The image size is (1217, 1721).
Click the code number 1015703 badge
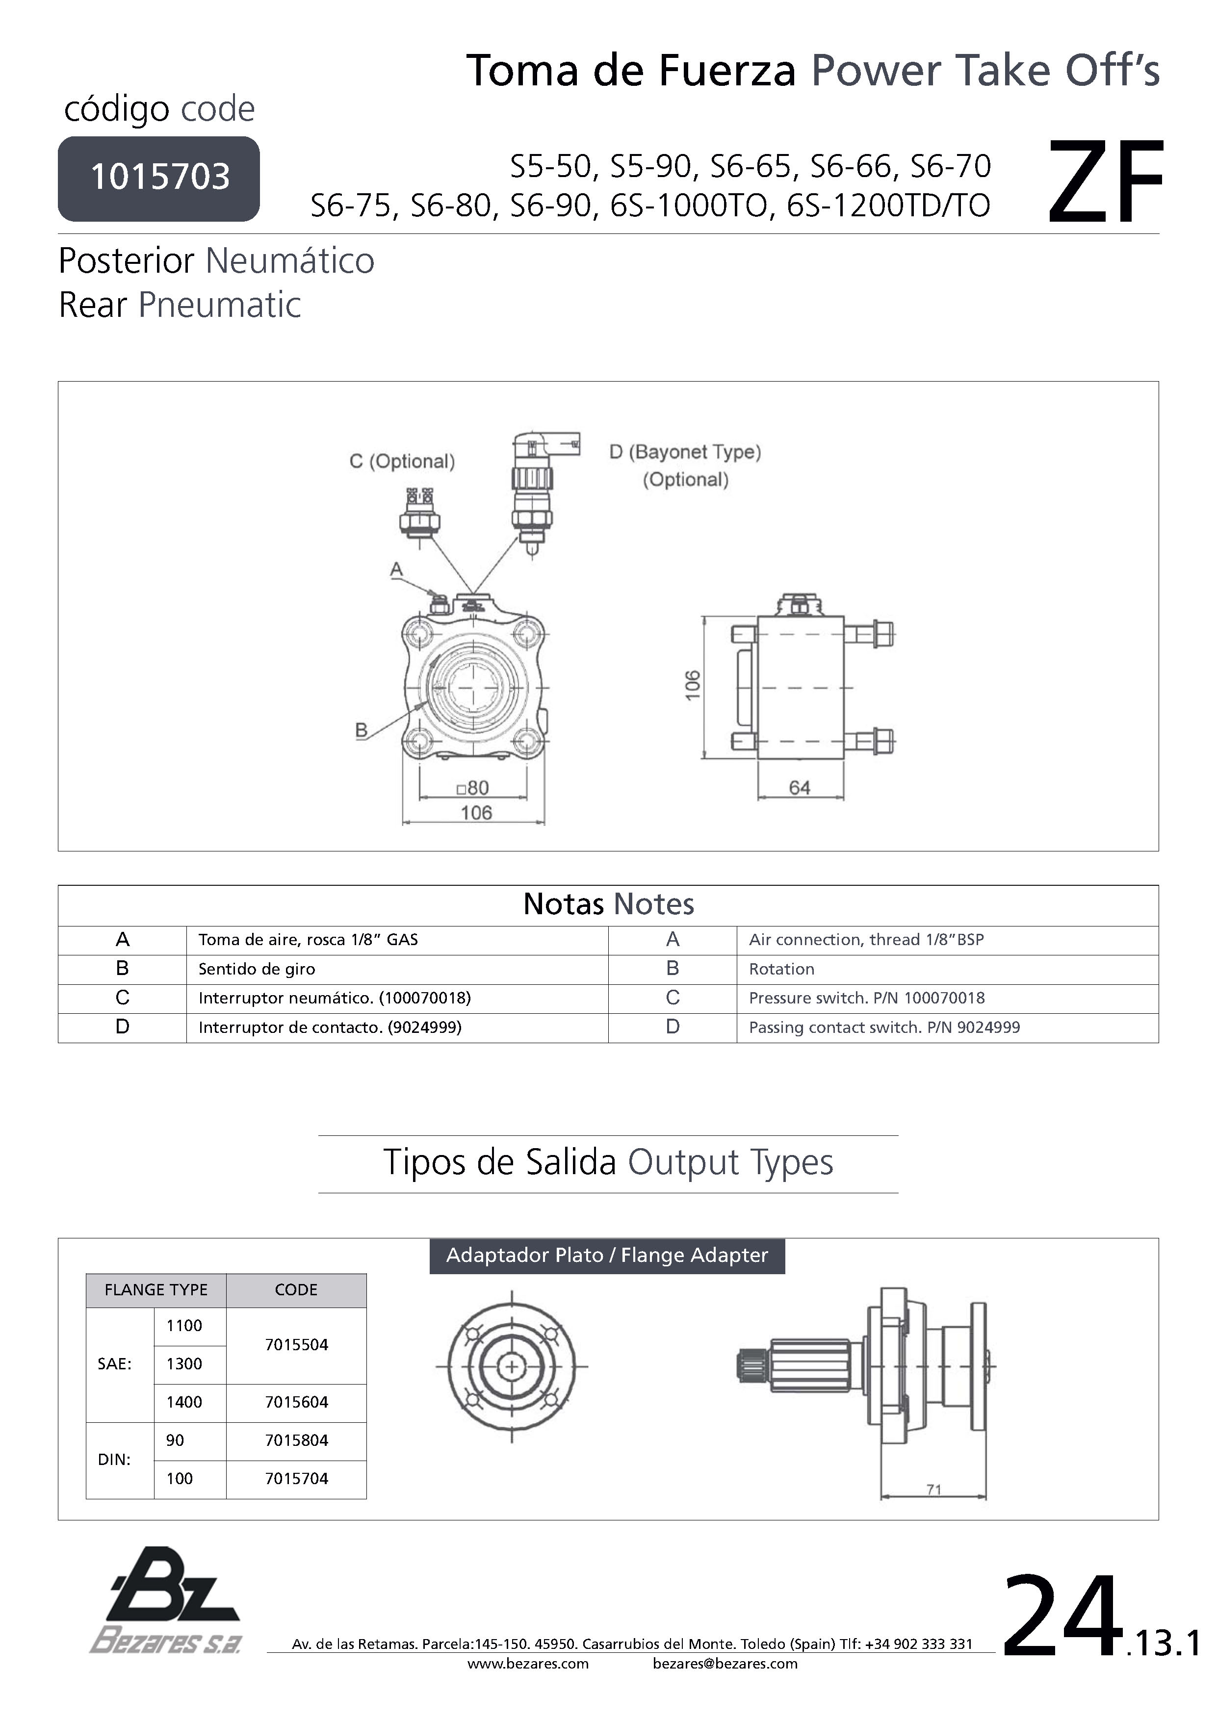point(159,178)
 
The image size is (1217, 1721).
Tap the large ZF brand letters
point(1105,183)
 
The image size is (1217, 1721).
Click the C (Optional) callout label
point(402,461)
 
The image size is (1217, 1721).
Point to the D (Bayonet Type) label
point(685,452)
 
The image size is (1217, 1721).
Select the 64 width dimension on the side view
point(800,788)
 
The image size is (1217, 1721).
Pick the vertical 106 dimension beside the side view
point(693,685)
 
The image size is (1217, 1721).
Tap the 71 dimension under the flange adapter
point(933,1490)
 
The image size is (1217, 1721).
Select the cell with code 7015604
point(296,1402)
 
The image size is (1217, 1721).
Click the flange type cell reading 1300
point(184,1363)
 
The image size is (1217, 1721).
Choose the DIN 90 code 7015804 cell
point(296,1440)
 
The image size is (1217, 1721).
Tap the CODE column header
point(296,1289)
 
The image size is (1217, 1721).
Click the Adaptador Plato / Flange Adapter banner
point(607,1256)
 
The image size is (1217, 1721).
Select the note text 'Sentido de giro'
point(257,969)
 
